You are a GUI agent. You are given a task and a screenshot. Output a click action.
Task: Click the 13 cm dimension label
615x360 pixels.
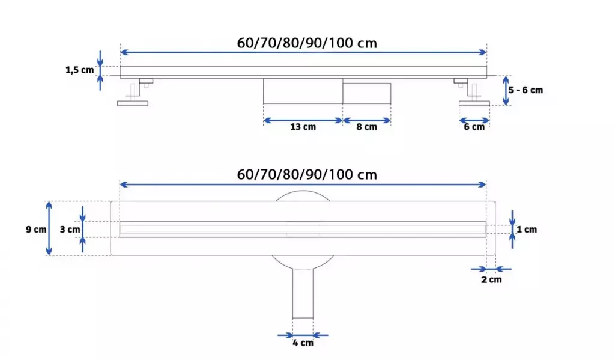[x=303, y=127]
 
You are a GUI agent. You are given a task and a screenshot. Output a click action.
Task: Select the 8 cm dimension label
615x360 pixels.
[x=366, y=127]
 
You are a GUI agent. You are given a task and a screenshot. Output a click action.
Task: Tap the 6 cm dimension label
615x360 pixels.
[x=474, y=127]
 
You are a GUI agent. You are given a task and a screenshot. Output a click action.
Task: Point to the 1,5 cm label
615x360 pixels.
[x=80, y=70]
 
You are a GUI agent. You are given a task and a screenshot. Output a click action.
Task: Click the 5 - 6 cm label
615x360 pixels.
[x=526, y=90]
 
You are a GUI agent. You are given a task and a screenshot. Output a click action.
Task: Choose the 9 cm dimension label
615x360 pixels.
[x=36, y=230]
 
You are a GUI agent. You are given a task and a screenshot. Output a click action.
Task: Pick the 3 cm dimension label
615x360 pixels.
[x=70, y=230]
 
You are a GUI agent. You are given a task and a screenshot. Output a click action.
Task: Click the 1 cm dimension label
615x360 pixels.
[x=527, y=230]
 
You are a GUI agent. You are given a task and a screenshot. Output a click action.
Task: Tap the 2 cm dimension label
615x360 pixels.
[x=491, y=279]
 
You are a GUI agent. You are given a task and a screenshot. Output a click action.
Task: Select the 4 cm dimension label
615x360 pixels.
[x=303, y=343]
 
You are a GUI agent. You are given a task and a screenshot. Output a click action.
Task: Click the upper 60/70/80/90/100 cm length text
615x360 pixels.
[x=307, y=43]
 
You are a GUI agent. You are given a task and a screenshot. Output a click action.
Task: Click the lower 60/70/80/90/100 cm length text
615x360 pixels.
[x=307, y=175]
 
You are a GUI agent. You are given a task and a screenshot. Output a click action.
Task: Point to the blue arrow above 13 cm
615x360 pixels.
[x=303, y=120]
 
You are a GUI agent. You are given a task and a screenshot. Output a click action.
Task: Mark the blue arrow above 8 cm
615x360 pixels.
[x=366, y=120]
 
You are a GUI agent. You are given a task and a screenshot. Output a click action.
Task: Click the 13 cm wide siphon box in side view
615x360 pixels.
[x=303, y=91]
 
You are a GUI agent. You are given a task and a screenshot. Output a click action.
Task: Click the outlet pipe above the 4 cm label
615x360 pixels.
[x=303, y=294]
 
